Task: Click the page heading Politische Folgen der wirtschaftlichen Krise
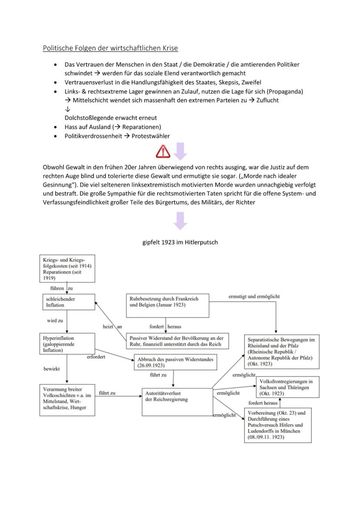click(110, 48)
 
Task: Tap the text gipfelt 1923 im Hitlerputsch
click(180, 243)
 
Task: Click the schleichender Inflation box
click(67, 302)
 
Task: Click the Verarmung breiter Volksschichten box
click(67, 399)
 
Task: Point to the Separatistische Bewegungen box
click(281, 352)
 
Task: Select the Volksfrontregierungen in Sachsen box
click(287, 387)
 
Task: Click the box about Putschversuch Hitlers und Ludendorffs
click(278, 425)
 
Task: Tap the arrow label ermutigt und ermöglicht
click(254, 296)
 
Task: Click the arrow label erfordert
click(97, 357)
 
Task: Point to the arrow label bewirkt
click(52, 369)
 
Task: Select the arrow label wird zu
click(55, 321)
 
